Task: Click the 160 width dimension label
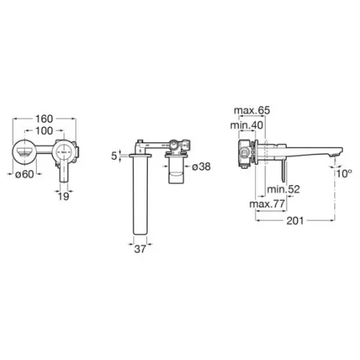point(44,119)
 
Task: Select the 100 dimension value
point(44,130)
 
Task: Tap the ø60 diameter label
point(24,174)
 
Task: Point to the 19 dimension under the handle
point(64,196)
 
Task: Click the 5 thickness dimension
point(114,156)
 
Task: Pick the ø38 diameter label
point(202,166)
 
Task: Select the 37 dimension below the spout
point(140,249)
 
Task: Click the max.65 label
point(252,110)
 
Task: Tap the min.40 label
point(247,125)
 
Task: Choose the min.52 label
point(283,189)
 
